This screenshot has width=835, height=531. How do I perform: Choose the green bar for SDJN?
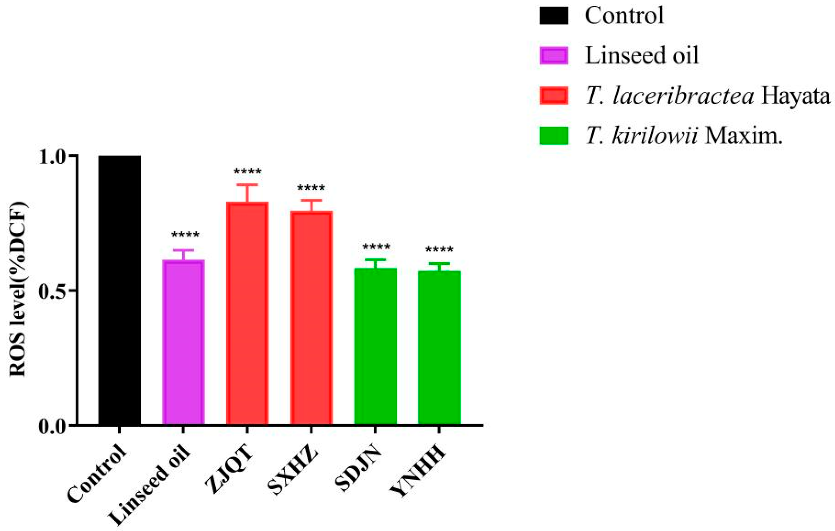tap(375, 346)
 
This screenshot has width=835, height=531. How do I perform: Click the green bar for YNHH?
tap(439, 348)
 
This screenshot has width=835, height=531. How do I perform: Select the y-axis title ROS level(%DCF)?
tap(17, 289)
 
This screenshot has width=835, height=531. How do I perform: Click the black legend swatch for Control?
tap(554, 16)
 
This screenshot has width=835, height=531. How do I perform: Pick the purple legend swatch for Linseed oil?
tap(554, 56)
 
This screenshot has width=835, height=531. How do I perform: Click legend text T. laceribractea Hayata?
tap(707, 96)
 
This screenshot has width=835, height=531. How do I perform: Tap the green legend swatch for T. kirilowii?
tap(554, 135)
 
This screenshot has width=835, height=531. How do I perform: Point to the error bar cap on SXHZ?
tap(311, 200)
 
